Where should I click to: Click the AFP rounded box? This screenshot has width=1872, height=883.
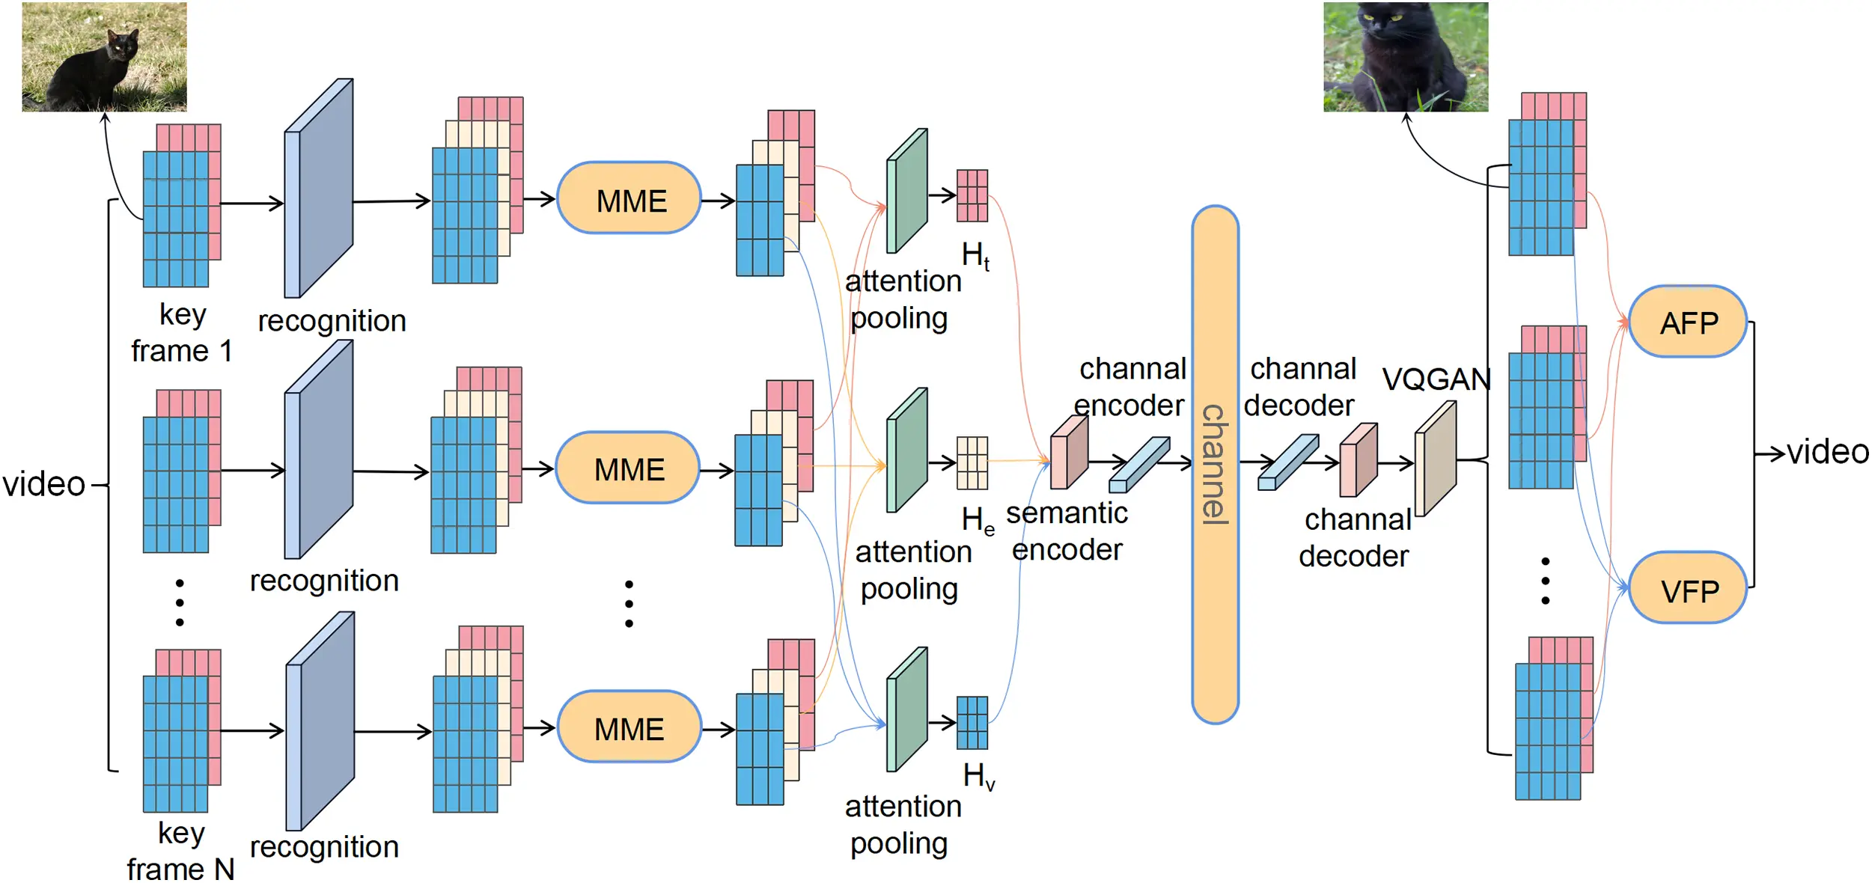tap(1687, 322)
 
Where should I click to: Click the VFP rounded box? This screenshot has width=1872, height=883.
tap(1687, 590)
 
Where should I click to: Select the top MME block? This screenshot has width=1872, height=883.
tap(629, 199)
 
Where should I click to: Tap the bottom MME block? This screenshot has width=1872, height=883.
tap(629, 727)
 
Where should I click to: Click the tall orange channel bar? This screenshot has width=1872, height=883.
tap(1214, 464)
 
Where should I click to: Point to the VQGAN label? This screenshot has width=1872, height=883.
tap(1435, 379)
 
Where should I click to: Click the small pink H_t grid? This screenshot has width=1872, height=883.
tap(972, 195)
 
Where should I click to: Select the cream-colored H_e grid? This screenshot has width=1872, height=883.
tap(972, 463)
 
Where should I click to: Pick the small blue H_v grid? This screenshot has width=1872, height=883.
tap(972, 722)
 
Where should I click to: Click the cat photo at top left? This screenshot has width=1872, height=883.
tap(104, 57)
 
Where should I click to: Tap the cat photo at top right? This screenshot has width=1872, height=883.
tap(1405, 57)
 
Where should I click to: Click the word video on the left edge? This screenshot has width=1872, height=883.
tap(43, 484)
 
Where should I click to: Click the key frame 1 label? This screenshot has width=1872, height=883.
tap(182, 333)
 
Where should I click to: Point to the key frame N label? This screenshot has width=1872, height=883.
tap(180, 852)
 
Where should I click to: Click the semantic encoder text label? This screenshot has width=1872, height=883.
tap(1066, 531)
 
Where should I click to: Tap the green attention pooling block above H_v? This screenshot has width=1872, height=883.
tap(906, 709)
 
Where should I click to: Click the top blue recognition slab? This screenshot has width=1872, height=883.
tap(319, 189)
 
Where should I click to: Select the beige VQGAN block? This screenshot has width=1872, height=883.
tap(1435, 458)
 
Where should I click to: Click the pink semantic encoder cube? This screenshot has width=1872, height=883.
tap(1068, 453)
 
